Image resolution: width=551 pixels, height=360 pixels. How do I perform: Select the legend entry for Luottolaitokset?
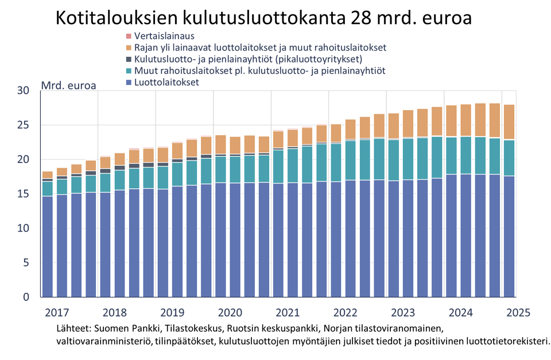point(166,83)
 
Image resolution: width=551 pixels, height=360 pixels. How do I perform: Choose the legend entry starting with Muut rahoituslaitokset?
point(259,71)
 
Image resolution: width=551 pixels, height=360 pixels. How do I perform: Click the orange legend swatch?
point(128,48)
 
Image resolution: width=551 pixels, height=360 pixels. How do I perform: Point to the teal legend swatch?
point(128,71)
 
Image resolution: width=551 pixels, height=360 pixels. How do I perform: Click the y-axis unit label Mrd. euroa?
point(68,86)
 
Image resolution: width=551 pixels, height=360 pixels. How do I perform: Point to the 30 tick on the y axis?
point(23,90)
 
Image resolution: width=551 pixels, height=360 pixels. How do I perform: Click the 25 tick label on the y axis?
point(23,125)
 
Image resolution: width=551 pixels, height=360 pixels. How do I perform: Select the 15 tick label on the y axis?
point(23,193)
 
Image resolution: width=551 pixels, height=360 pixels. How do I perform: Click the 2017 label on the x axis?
point(57,313)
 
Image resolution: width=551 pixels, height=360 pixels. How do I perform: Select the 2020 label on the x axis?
point(230,313)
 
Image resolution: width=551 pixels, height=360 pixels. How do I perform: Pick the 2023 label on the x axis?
point(403,313)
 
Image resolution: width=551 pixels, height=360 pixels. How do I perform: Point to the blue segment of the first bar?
point(47,247)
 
